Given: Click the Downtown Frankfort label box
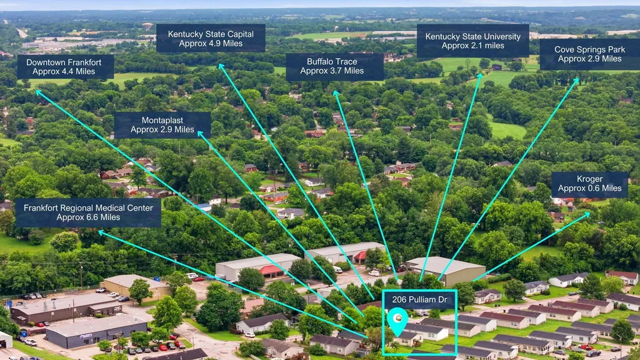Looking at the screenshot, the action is tap(66, 67).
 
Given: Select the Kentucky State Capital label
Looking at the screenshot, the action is tap(211, 38).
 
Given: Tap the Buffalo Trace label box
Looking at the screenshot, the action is tap(335, 66).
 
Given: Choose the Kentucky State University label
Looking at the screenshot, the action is tap(473, 41).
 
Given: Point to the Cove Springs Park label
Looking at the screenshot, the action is tap(589, 54).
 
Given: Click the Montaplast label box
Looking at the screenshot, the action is tap(162, 125).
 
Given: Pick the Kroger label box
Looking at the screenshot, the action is tap(590, 184).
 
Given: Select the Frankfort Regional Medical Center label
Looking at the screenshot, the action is tap(88, 212).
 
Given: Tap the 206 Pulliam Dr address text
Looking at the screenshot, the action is tap(419, 299).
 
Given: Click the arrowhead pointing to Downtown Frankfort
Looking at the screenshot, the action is tap(38, 92).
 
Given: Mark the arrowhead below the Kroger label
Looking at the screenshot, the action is tap(587, 214).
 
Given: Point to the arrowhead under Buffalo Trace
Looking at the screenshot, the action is tap(336, 94).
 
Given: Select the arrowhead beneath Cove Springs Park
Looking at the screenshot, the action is tap(576, 81).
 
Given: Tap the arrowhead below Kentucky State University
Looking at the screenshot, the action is tap(480, 76).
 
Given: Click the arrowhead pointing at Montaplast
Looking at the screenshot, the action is tap(200, 133).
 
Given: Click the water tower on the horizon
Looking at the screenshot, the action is tap(147, 26).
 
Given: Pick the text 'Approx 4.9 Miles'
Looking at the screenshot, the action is tap(211, 43).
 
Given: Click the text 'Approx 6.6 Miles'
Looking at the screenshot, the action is tap(88, 217).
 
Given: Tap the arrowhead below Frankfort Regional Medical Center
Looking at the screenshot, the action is tap(101, 233).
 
